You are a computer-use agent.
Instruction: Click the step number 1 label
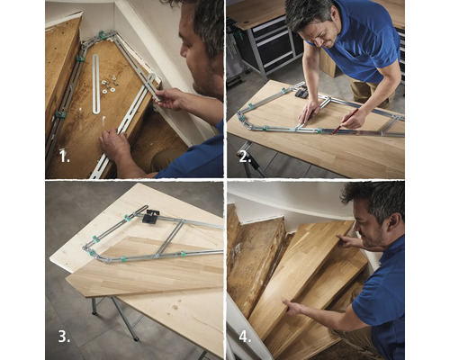point(64,156)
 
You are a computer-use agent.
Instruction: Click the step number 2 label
point(245,156)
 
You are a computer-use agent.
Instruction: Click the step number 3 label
point(64,338)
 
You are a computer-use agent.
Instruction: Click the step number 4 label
point(243,338)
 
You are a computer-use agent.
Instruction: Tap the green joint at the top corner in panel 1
point(102,35)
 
